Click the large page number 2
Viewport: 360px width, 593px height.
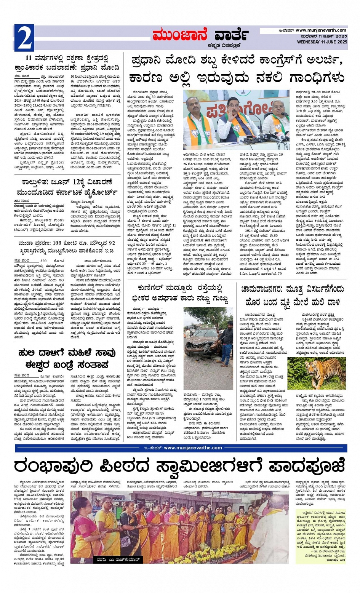(24, 38)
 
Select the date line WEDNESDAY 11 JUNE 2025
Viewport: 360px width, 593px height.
(322, 42)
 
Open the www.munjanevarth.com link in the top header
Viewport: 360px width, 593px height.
(321, 30)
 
